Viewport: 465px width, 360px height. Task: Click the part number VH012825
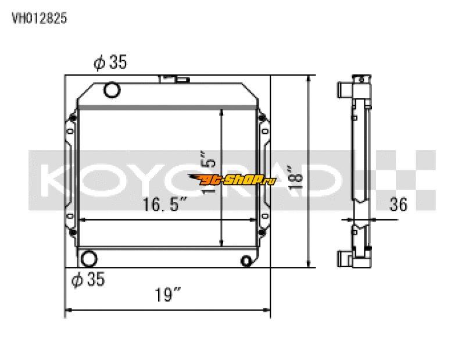pos(40,18)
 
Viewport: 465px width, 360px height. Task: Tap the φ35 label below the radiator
pos(88,280)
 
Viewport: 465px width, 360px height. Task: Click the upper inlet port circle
pos(111,90)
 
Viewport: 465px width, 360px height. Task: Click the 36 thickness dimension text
pos(398,204)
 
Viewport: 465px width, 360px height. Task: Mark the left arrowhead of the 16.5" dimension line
pos(81,220)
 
